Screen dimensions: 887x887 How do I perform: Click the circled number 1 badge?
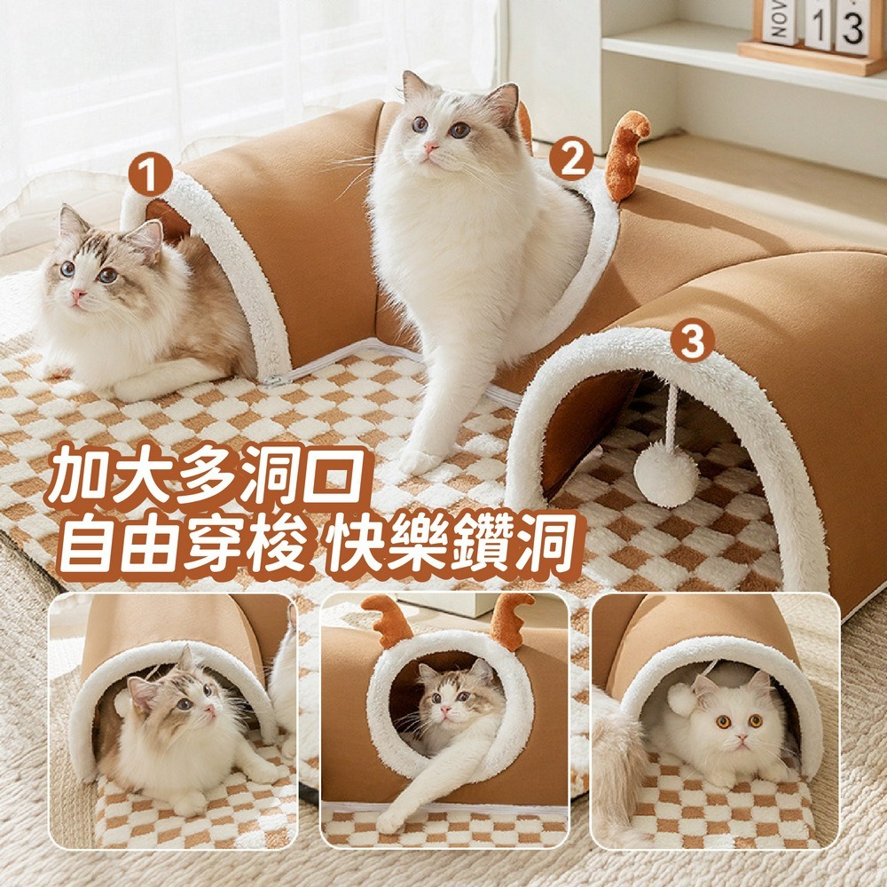(150, 175)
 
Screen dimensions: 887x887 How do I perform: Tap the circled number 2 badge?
(570, 159)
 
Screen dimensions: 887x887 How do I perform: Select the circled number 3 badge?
(693, 341)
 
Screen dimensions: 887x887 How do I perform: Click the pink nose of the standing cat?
(430, 147)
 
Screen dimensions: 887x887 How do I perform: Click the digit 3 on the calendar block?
(852, 27)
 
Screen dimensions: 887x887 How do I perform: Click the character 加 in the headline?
(78, 475)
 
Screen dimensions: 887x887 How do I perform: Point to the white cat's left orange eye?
(723, 721)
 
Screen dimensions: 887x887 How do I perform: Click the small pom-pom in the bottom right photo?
(682, 699)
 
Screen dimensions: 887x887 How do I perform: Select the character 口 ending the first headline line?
(336, 475)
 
